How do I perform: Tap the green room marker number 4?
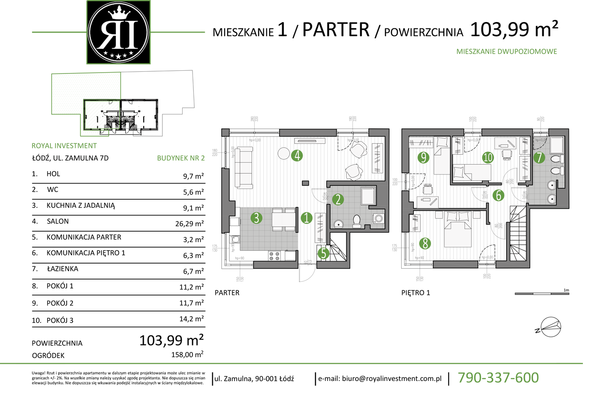pyautogui.click(x=296, y=156)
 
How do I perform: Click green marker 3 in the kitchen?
pyautogui.click(x=256, y=218)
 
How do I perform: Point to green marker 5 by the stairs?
pyautogui.click(x=323, y=253)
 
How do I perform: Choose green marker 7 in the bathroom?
pyautogui.click(x=538, y=158)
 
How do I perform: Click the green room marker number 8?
pyautogui.click(x=424, y=244)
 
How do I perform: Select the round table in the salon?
pyautogui.click(x=284, y=154)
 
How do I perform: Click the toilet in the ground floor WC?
pyautogui.click(x=357, y=221)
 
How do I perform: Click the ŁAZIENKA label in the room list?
pyautogui.click(x=62, y=269)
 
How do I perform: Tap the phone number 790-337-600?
pyautogui.click(x=498, y=377)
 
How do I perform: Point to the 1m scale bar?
pyautogui.click(x=542, y=294)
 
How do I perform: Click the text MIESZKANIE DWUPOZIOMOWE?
pyautogui.click(x=507, y=51)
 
